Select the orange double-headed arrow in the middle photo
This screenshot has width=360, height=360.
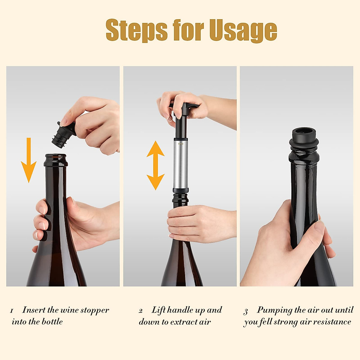point(155,165)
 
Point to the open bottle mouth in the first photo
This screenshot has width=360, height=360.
point(56,157)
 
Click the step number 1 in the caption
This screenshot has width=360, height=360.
point(11,311)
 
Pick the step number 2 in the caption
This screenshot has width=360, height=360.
point(140,311)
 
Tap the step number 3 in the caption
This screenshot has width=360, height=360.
point(246,312)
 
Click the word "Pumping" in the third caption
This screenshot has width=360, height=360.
point(274,310)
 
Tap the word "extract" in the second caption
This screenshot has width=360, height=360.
point(184,322)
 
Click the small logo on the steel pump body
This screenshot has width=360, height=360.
point(181,144)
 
